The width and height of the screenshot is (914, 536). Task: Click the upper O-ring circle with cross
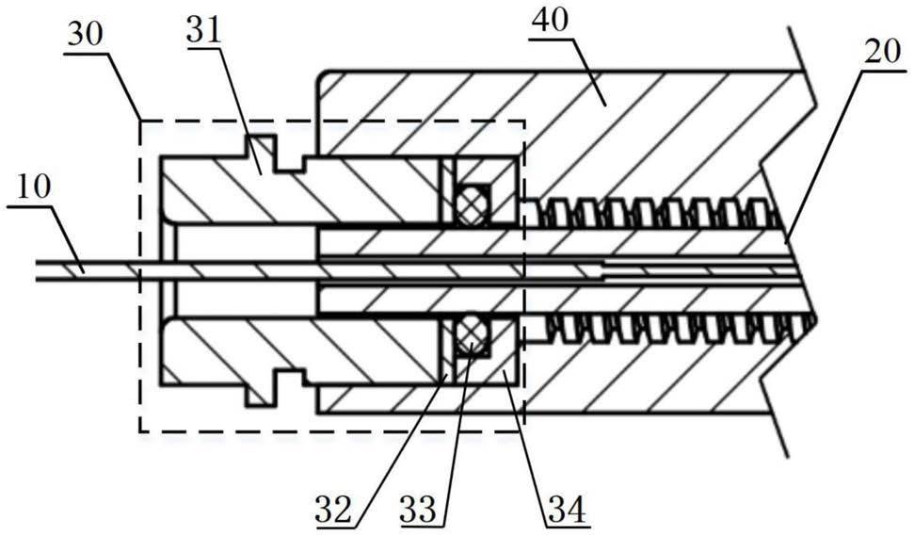pos(471,200)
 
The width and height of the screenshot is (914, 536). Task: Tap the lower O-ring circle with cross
pos(471,336)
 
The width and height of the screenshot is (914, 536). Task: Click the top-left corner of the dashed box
pos(140,120)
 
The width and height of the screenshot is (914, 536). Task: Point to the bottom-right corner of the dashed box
pos(522,431)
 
